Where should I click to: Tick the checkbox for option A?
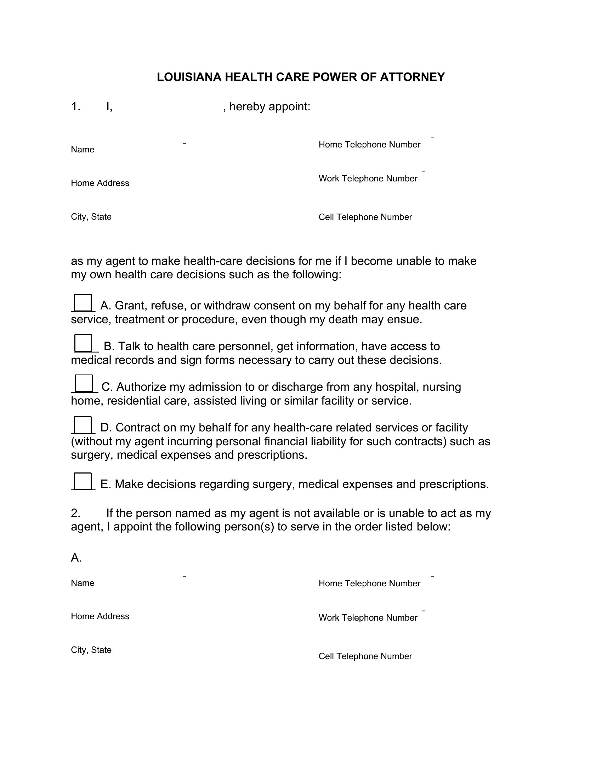click(83, 303)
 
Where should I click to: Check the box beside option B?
click(84, 343)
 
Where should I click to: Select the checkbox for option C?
click(84, 383)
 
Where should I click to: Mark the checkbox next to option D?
click(83, 425)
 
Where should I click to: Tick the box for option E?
click(83, 481)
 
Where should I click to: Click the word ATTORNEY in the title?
click(412, 77)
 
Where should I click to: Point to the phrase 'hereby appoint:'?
click(269, 106)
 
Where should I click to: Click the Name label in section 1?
click(83, 150)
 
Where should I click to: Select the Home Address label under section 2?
click(100, 616)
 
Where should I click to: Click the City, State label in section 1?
click(91, 217)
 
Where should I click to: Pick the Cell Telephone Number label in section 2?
click(365, 656)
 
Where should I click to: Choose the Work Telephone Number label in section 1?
click(368, 179)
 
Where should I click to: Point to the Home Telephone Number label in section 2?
click(369, 583)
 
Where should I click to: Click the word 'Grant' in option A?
click(130, 306)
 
